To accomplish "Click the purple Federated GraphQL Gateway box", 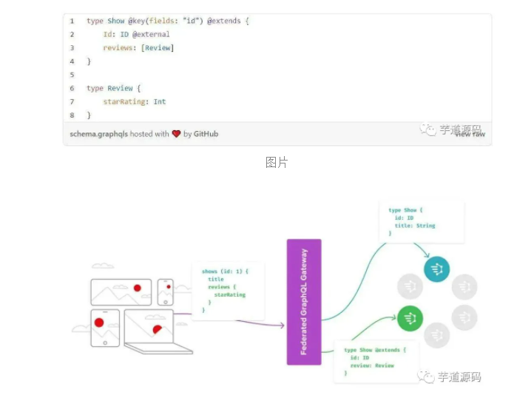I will [303, 301].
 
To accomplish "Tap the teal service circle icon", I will [437, 269].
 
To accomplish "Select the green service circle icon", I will [410, 319].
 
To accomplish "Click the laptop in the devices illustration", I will [149, 328].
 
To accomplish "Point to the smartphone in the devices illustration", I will [166, 291].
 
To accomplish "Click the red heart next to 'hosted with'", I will [176, 134].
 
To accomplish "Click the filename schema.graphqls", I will [98, 134].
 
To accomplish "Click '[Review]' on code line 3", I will [159, 48].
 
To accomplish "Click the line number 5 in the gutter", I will [72, 75].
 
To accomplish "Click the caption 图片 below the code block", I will [277, 162].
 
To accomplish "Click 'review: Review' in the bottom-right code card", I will [373, 365].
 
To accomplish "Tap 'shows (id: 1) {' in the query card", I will [225, 271].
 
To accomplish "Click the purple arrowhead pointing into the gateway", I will [281, 325].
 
